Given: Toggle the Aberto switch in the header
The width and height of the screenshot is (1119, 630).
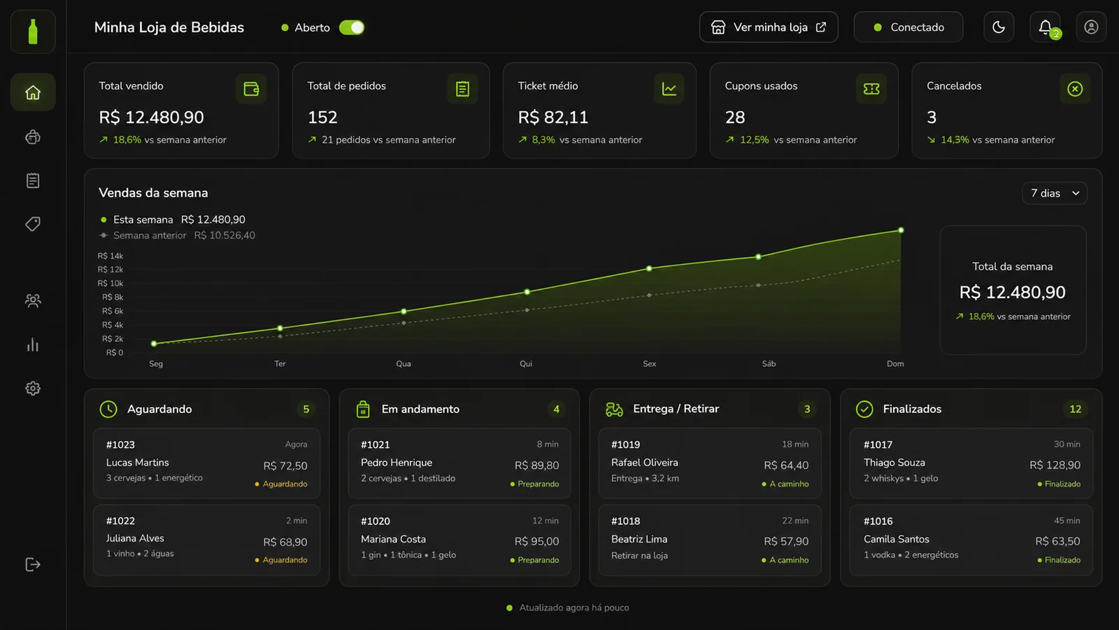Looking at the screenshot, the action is [352, 27].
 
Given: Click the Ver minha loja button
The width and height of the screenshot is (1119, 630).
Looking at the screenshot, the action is [769, 27].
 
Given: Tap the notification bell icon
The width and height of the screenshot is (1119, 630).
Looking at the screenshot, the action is [1045, 27].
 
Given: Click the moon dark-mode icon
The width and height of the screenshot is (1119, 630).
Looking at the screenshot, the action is [999, 27].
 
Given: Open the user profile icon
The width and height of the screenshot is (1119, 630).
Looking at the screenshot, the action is [1091, 27].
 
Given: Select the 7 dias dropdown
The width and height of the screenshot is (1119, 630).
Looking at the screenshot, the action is [1055, 193].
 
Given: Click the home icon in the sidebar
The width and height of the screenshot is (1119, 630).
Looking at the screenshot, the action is [33, 92].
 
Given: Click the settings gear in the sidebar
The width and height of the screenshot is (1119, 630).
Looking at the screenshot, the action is [33, 388].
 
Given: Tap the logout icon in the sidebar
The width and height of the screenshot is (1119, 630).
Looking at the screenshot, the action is [33, 564].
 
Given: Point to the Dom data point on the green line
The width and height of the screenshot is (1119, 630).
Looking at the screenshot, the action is [901, 230].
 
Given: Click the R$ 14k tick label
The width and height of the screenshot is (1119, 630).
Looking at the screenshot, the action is [111, 256].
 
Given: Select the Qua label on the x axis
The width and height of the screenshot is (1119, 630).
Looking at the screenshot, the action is [404, 363].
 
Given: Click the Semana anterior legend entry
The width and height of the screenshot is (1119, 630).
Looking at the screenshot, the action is [177, 235].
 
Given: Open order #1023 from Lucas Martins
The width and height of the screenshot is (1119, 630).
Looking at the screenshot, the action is [207, 463].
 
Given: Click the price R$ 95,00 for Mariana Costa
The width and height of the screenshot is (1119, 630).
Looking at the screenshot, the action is [536, 542].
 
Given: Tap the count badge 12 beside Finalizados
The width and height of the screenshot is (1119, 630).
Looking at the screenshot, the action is [1075, 409].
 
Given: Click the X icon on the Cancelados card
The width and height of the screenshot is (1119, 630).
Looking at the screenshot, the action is [1075, 89].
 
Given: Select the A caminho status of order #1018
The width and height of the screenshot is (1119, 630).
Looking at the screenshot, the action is [785, 560].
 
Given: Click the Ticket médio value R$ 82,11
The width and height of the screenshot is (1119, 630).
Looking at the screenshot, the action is [553, 118].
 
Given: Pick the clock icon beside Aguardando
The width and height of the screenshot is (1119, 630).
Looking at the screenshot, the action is [108, 409].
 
